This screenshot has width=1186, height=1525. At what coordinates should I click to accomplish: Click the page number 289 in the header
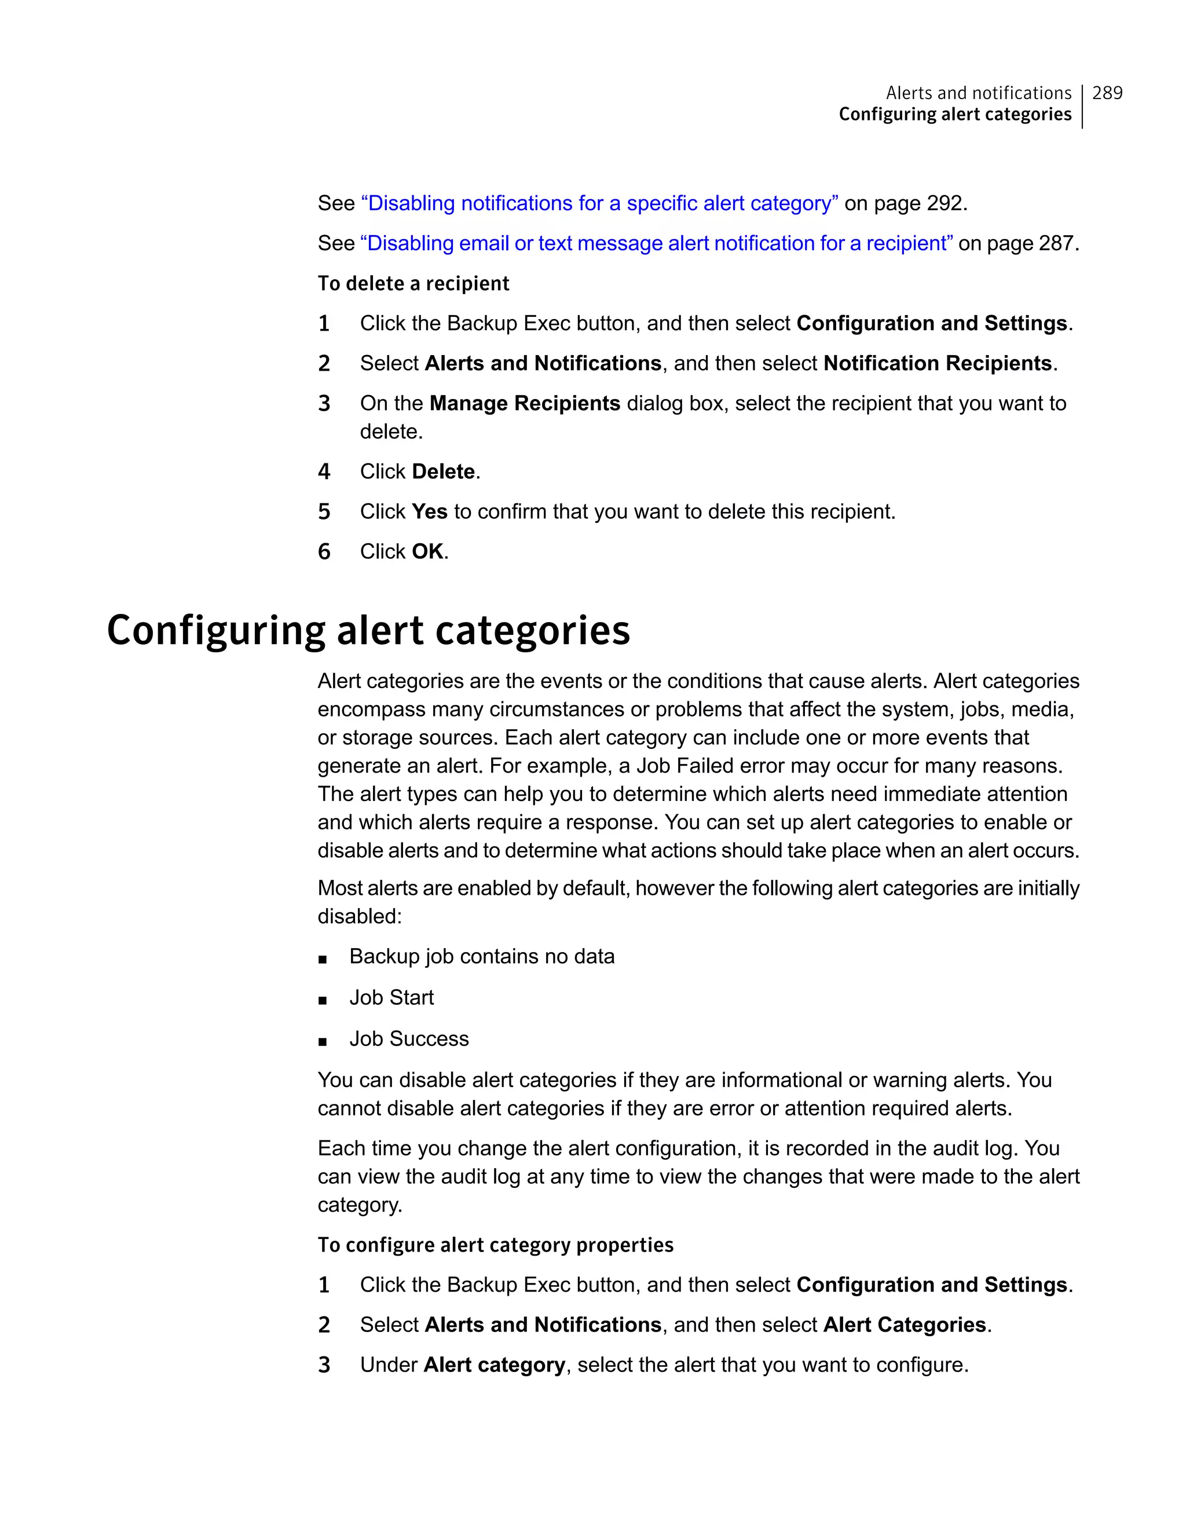(1107, 93)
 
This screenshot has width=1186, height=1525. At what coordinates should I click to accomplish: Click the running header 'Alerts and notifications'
(978, 93)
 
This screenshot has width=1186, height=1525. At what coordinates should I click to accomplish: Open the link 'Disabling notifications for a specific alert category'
(599, 203)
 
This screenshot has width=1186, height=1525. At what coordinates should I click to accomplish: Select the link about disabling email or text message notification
(656, 243)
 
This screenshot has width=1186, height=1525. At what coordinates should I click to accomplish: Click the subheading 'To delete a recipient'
(413, 283)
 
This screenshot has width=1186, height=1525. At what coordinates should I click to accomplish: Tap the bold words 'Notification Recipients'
(938, 363)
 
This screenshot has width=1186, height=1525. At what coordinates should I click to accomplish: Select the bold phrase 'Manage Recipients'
(525, 403)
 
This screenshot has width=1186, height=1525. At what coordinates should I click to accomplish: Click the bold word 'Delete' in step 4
(443, 471)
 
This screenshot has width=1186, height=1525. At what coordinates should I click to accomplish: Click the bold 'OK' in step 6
(427, 551)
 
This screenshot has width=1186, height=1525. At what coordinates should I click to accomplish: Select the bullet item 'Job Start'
(391, 997)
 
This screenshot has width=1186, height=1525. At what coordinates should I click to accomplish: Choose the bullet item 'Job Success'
(409, 1038)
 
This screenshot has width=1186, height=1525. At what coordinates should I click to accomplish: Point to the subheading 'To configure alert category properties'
(496, 1245)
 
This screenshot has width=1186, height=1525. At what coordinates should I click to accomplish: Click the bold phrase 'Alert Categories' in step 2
(904, 1325)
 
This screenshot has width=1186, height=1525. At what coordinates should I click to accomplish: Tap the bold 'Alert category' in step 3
(494, 1365)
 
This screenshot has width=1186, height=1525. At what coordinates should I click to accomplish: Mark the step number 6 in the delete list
(324, 551)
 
